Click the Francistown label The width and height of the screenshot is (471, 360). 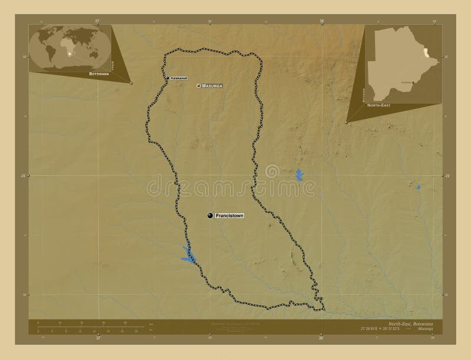(x=229, y=216)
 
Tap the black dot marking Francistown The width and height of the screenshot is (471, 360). (x=210, y=216)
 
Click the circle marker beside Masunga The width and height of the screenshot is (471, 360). (x=199, y=86)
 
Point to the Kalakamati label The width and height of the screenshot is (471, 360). (x=180, y=78)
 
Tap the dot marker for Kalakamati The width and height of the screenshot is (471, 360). (x=168, y=78)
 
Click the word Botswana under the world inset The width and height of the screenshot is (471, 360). (x=99, y=75)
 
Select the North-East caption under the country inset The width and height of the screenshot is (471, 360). (x=378, y=104)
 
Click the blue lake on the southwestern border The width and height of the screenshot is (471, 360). (x=187, y=255)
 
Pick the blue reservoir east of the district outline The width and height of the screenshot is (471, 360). (x=299, y=175)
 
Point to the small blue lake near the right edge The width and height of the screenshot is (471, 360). (x=419, y=187)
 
